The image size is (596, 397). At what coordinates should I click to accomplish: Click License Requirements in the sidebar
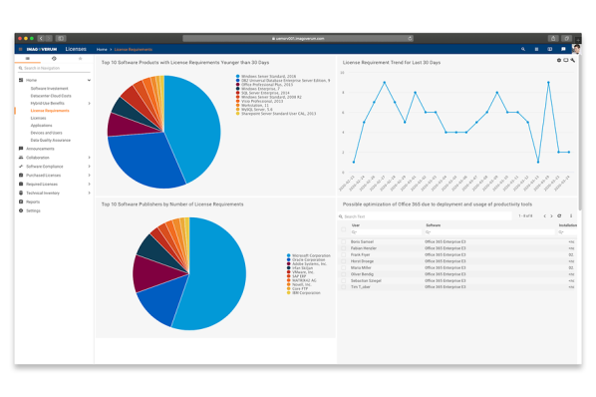click(49, 111)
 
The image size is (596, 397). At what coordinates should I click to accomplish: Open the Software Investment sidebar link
click(49, 88)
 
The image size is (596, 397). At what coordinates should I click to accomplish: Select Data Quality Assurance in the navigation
click(50, 141)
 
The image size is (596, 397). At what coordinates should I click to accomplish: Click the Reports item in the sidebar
click(33, 201)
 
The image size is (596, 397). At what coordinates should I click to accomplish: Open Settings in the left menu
click(33, 210)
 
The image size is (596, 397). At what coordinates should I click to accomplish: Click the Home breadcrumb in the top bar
click(102, 49)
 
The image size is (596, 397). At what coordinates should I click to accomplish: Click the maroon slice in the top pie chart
click(122, 124)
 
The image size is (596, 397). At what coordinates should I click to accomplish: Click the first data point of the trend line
click(354, 162)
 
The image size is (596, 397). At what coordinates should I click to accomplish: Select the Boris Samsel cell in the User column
click(362, 241)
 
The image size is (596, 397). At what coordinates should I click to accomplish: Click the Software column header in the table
click(433, 225)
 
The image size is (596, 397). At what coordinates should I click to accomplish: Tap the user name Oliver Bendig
click(363, 274)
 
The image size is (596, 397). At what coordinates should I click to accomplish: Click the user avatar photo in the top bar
click(577, 48)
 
